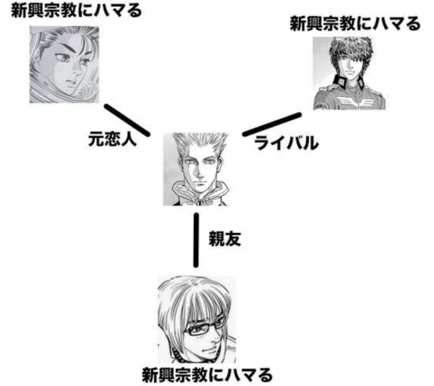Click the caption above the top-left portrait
click(77, 11)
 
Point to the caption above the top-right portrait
click(355, 23)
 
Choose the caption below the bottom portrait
click(207, 375)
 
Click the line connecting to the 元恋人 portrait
click(127, 120)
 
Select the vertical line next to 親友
click(196, 239)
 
